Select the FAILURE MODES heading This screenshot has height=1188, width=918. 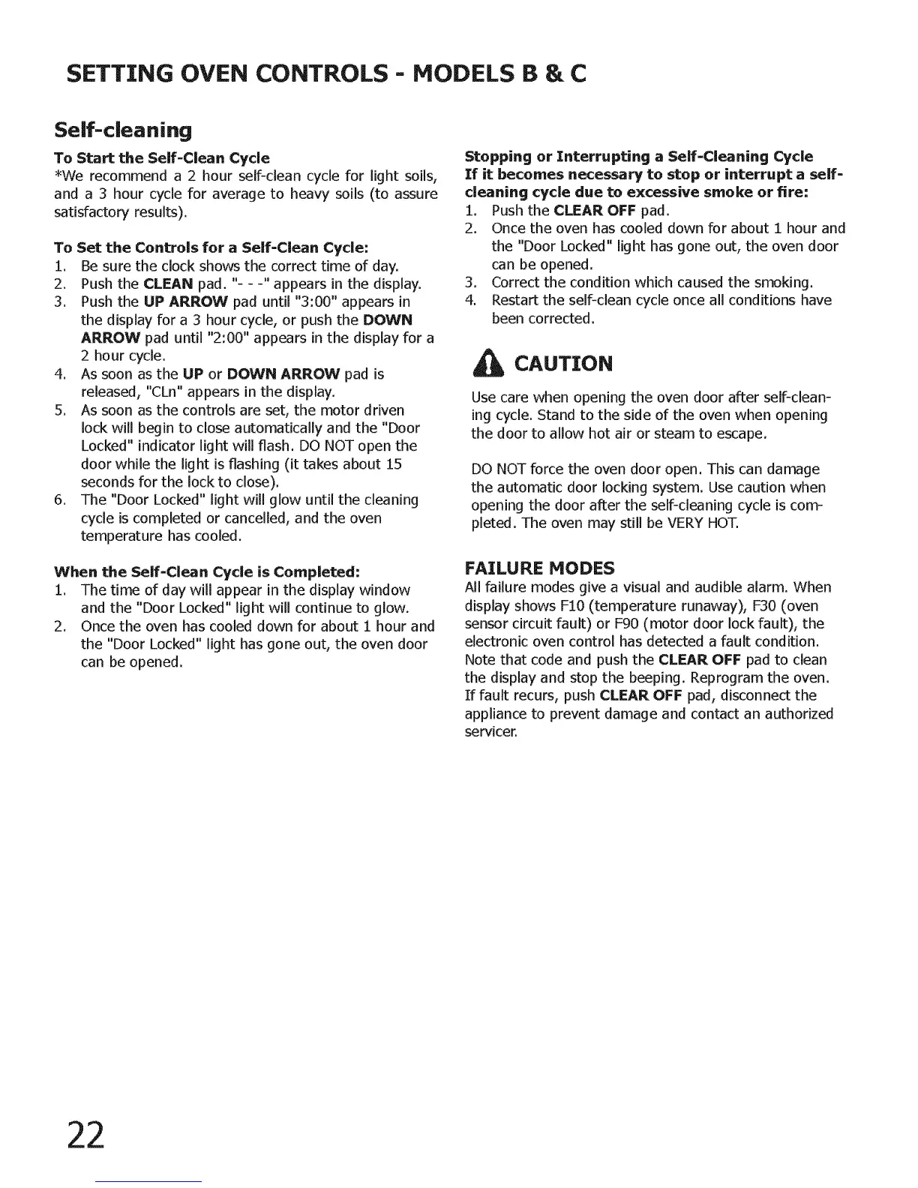click(x=539, y=567)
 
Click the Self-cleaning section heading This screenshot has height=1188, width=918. click(x=123, y=130)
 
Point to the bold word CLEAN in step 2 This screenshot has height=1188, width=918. click(x=168, y=283)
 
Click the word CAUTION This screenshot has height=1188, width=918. click(x=563, y=364)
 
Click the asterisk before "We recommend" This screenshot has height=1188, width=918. click(x=58, y=175)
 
